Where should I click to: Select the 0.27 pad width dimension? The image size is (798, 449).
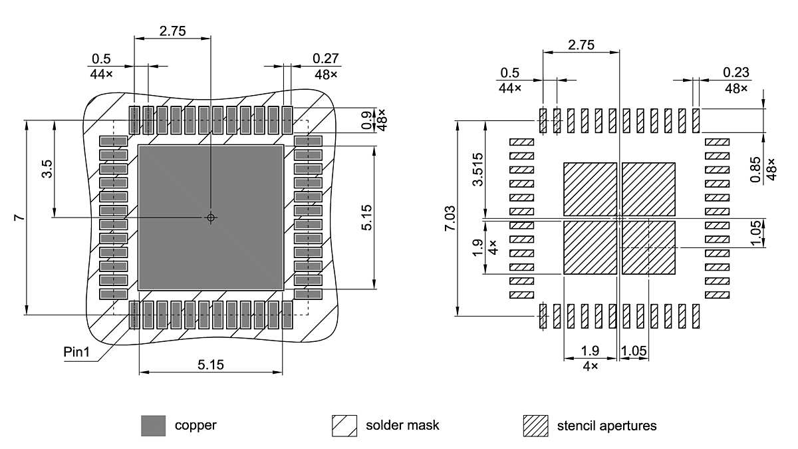pyautogui.click(x=326, y=59)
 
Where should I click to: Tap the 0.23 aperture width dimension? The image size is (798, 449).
pyautogui.click(x=735, y=73)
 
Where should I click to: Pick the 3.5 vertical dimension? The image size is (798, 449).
pyautogui.click(x=47, y=169)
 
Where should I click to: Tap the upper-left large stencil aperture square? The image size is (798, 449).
pyautogui.click(x=590, y=189)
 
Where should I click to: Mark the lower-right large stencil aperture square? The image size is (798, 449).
pyautogui.click(x=648, y=247)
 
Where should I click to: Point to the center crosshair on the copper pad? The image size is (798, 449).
pyautogui.click(x=211, y=218)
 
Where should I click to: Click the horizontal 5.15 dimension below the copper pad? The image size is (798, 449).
pyautogui.click(x=210, y=364)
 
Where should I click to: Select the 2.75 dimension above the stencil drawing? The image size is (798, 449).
pyautogui.click(x=581, y=45)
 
